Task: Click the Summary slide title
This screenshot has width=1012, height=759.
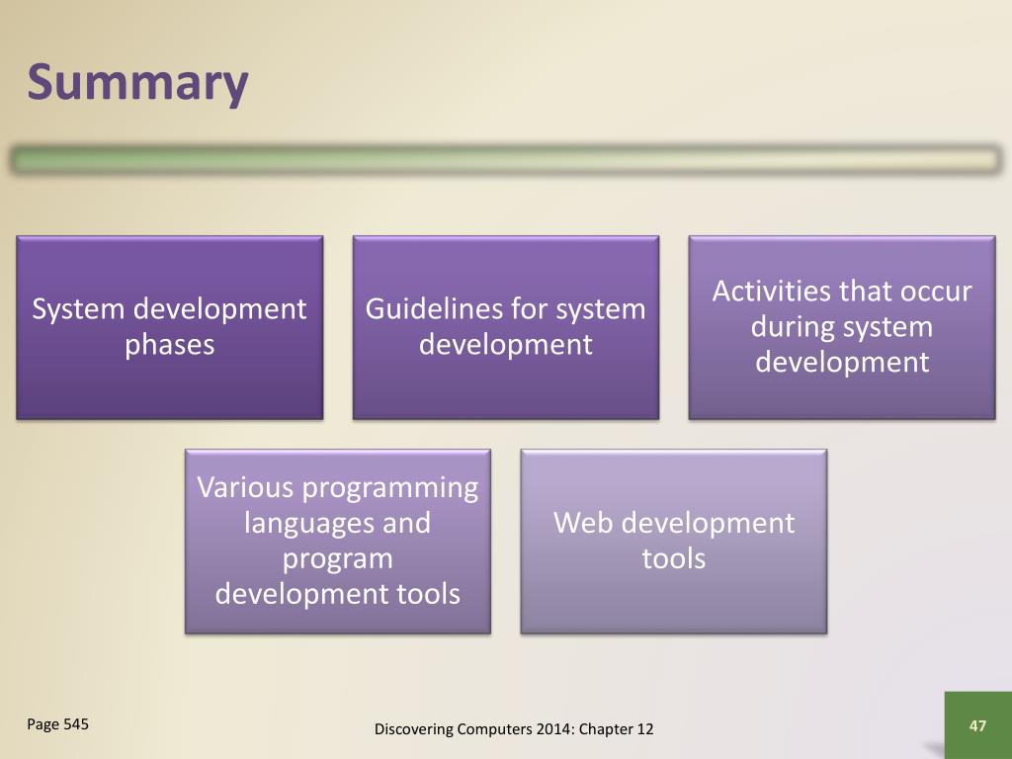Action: click(137, 84)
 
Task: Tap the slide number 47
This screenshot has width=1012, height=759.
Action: click(977, 726)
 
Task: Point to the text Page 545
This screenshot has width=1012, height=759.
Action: click(57, 724)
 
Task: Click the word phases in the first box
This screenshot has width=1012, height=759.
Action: click(170, 345)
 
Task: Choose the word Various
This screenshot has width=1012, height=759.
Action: click(246, 487)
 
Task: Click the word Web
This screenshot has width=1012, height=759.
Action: click(583, 523)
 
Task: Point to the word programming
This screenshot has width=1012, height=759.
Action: click(390, 489)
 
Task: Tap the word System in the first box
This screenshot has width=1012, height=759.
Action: click(78, 309)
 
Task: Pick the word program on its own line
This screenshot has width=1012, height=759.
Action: click(338, 560)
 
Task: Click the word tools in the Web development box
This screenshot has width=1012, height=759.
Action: click(674, 558)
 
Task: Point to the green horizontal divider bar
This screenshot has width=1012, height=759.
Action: click(506, 159)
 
